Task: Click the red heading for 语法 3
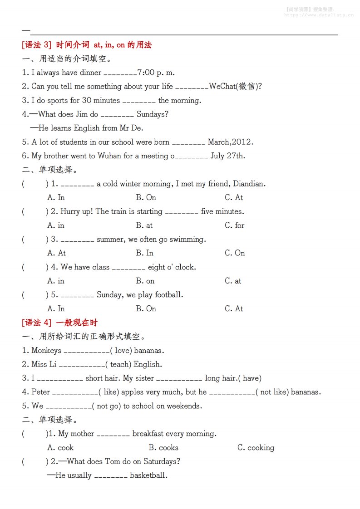pos(86,45)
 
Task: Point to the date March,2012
pos(230,142)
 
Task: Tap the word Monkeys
pos(46,350)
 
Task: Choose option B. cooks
pos(163,447)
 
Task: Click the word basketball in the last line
pos(148,475)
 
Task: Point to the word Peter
pos(41,392)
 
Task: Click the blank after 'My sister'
pos(179,379)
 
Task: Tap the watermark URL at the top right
pos(319,15)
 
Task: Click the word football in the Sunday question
pos(168,295)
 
